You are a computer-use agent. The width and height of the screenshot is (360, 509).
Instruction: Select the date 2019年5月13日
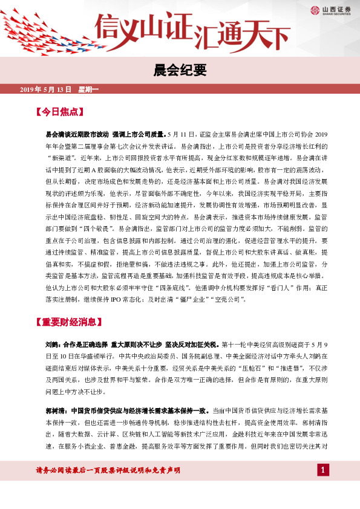pos(45,90)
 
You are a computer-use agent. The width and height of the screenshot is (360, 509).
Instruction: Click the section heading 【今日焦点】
pos(59,112)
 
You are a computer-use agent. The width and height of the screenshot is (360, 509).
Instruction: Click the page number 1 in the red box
pos(323,470)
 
